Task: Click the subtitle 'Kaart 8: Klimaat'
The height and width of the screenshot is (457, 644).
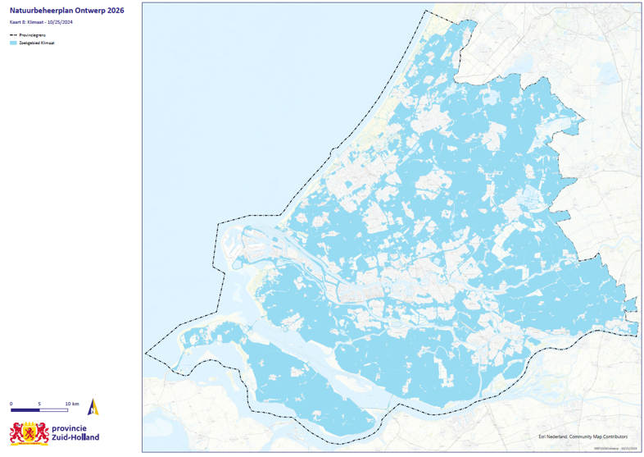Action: (29, 22)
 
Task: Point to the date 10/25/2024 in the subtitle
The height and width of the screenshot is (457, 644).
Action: (70, 22)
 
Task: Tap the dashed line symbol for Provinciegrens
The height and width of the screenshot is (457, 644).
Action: (13, 35)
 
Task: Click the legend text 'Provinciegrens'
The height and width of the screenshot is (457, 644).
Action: (32, 35)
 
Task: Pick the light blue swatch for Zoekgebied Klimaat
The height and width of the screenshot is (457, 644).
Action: (13, 43)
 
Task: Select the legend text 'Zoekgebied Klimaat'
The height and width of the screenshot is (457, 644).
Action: (37, 43)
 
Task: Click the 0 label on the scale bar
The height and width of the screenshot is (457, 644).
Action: (11, 404)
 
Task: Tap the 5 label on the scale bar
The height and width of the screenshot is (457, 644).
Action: (39, 404)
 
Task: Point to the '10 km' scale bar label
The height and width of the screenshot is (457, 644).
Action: (72, 404)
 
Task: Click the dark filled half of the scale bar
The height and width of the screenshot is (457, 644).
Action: (25, 409)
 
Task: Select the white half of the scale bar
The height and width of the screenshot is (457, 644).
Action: (53, 409)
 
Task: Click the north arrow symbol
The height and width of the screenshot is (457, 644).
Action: (93, 406)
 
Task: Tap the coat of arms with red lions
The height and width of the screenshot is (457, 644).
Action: (29, 432)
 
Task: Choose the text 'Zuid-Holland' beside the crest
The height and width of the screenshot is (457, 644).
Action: (75, 438)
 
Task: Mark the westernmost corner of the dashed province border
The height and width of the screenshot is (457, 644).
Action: (146, 354)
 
